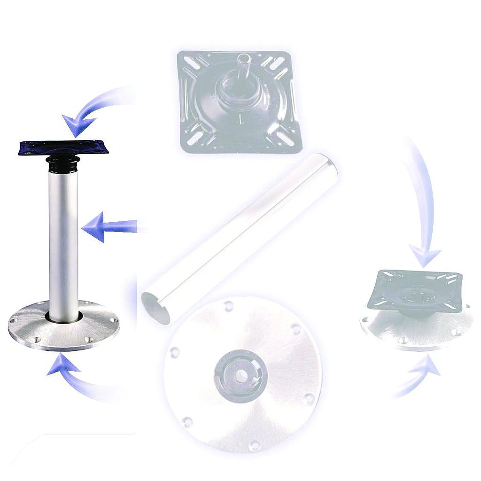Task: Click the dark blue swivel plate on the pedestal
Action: [63, 147]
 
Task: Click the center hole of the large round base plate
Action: [240, 375]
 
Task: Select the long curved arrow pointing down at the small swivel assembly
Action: [423, 202]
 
